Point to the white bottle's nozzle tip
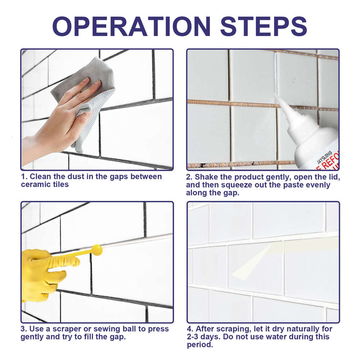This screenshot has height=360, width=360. (276, 96)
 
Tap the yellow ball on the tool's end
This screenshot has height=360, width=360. (97, 250)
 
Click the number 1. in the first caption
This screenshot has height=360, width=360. (24, 176)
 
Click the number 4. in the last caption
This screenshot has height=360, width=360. (190, 329)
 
